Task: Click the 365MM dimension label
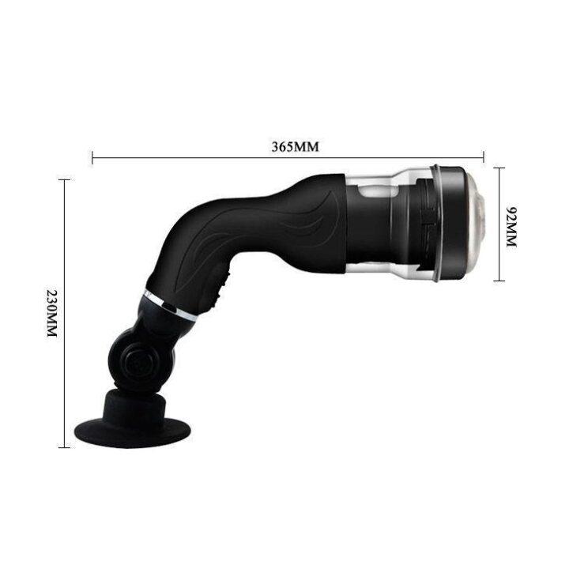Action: click(x=289, y=147)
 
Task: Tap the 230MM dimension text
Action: click(x=52, y=315)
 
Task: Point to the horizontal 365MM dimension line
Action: click(x=198, y=158)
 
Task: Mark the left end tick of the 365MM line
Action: click(x=93, y=158)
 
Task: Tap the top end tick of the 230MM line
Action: click(x=64, y=180)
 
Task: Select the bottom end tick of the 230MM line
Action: click(x=64, y=447)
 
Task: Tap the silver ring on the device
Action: click(x=170, y=305)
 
